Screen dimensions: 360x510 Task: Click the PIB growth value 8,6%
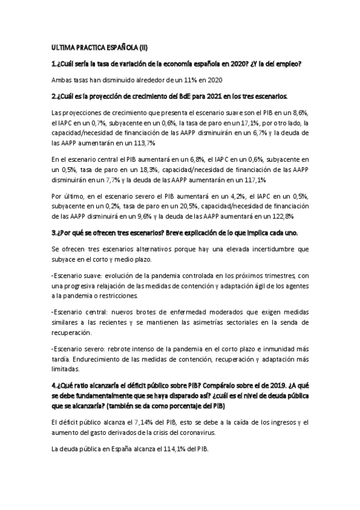(x=299, y=112)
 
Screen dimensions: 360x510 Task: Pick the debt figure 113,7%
(x=143, y=143)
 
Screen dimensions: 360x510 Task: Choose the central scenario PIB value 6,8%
(x=180, y=159)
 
